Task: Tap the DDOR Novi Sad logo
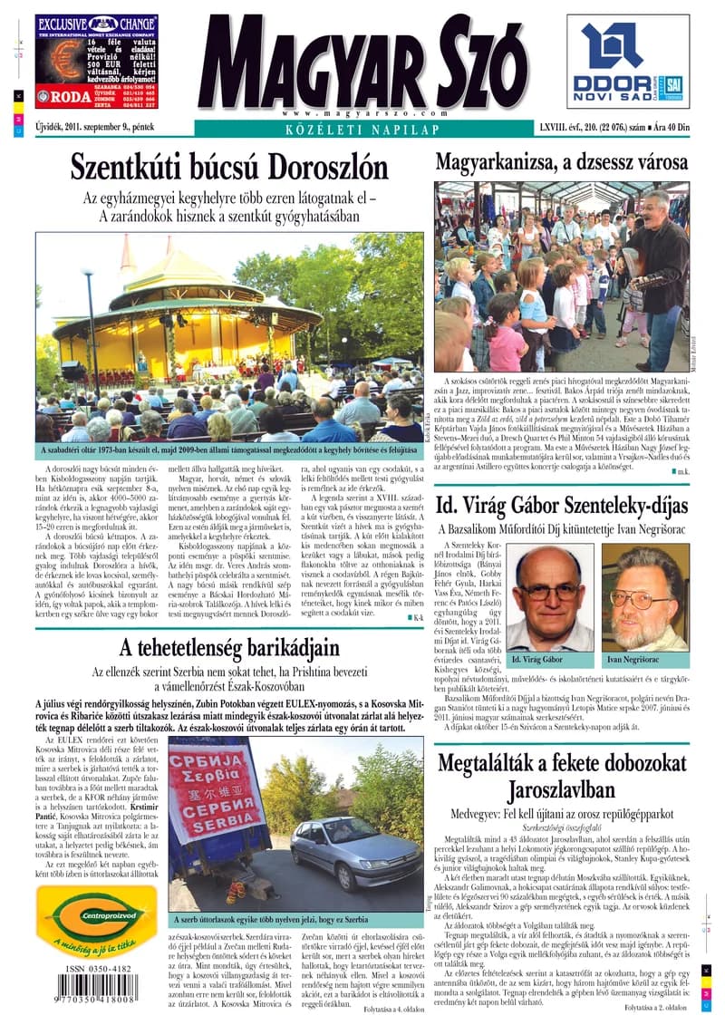click(x=628, y=63)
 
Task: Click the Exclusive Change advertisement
click(x=96, y=63)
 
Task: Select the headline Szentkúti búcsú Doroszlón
click(x=229, y=169)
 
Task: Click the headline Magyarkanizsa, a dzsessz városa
click(x=561, y=164)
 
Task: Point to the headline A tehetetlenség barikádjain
click(x=228, y=647)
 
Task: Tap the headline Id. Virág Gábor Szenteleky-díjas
click(x=561, y=505)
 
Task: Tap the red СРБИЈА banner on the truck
click(x=214, y=792)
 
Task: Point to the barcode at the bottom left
click(x=94, y=986)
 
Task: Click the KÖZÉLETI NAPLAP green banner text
click(x=362, y=130)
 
